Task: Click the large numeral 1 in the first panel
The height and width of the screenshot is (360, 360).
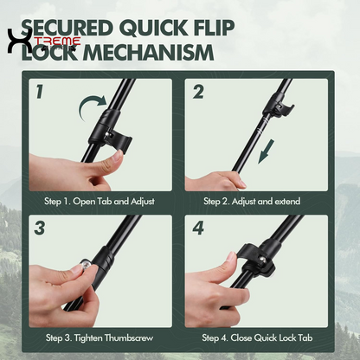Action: (40, 92)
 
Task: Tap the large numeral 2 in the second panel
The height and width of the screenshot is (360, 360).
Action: (198, 92)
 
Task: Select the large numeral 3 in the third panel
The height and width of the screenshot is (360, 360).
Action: (40, 228)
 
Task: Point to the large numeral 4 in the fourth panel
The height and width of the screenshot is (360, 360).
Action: (198, 228)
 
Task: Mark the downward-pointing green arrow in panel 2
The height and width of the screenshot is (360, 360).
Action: (267, 151)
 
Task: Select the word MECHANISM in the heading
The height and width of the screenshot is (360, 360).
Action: (148, 53)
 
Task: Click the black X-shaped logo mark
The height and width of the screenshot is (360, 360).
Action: (18, 41)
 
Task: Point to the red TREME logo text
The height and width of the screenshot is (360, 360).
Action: (58, 42)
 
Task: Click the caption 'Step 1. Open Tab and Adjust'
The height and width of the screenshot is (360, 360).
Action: (100, 201)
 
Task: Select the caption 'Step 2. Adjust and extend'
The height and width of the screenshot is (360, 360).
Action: (252, 201)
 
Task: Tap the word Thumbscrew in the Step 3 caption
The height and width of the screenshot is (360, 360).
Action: (129, 337)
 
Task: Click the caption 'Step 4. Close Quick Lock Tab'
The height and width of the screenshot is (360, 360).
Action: (257, 337)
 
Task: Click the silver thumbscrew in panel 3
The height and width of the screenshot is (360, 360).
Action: (86, 264)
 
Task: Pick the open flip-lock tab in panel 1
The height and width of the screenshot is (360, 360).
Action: (119, 139)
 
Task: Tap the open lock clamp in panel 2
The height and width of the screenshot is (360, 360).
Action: (280, 108)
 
